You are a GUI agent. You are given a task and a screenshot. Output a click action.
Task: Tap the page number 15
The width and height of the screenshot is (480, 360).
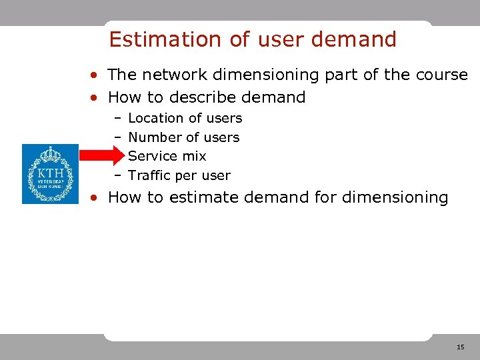[460, 347]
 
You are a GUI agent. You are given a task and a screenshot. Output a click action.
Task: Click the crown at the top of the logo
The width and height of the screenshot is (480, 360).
[50, 155]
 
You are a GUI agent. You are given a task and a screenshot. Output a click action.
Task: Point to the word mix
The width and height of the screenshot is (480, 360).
[194, 156]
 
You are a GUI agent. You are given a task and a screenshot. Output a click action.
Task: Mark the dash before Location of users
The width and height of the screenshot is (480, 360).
[117, 118]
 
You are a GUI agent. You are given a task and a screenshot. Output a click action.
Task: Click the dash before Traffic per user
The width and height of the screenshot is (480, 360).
[117, 175]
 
